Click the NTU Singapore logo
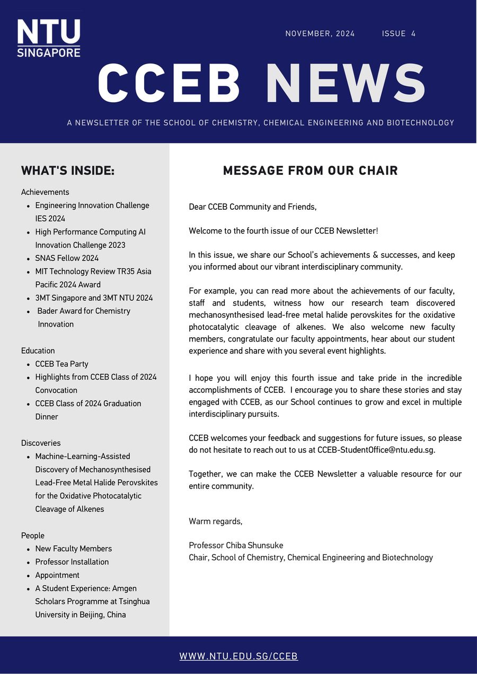tap(48, 38)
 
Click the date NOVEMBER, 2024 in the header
tap(320, 33)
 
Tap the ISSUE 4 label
tap(399, 33)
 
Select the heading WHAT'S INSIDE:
tap(68, 170)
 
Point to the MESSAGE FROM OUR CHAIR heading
tap(310, 170)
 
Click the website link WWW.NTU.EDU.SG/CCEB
tap(238, 656)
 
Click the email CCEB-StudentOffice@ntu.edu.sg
tap(376, 450)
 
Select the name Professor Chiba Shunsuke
tap(236, 545)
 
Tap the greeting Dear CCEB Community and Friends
tap(252, 207)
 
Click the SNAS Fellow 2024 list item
tap(67, 258)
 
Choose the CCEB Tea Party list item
tap(61, 364)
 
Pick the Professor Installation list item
tap(72, 562)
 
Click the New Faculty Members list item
tap(73, 549)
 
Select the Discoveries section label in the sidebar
tap(41, 443)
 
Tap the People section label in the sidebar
tap(33, 536)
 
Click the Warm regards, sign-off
tap(215, 522)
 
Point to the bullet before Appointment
tap(28, 576)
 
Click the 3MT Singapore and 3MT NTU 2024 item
tap(94, 298)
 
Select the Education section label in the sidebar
tap(38, 351)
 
